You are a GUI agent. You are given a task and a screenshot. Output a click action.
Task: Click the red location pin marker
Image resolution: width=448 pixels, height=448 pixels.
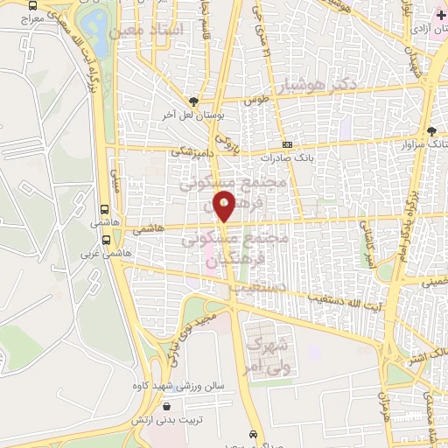225,207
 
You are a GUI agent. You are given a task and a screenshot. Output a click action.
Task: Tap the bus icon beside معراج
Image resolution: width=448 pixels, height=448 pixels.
33,4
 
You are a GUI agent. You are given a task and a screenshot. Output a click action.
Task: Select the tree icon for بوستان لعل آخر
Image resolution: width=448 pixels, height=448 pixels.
194,101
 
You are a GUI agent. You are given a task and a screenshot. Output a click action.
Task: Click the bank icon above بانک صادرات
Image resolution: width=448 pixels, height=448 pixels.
287,145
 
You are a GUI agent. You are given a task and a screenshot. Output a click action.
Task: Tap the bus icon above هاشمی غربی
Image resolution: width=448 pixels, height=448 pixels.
105,210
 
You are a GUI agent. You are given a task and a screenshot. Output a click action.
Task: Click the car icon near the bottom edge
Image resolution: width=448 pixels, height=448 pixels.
253,435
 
